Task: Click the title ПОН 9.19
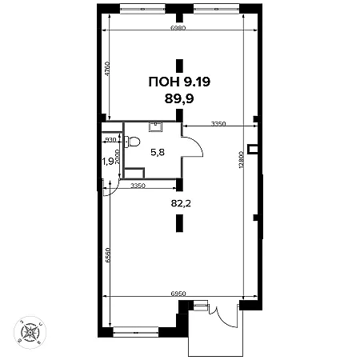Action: click(x=179, y=82)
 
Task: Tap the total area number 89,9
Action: click(x=179, y=99)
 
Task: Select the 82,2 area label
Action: click(x=181, y=204)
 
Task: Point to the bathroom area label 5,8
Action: click(x=158, y=153)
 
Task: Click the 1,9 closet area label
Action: click(x=108, y=161)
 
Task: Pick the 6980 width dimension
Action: click(x=178, y=28)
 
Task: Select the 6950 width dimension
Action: click(x=178, y=294)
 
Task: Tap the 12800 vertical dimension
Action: click(x=241, y=159)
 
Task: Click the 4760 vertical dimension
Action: click(x=107, y=69)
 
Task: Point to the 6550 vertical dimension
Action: click(x=107, y=255)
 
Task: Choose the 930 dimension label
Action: click(x=110, y=140)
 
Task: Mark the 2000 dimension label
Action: click(x=118, y=157)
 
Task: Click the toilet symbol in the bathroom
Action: click(x=132, y=142)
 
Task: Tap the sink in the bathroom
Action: click(x=155, y=127)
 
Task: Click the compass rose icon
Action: click(x=30, y=333)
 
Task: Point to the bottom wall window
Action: click(x=136, y=332)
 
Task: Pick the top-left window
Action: click(x=142, y=9)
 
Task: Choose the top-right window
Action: click(x=216, y=9)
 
